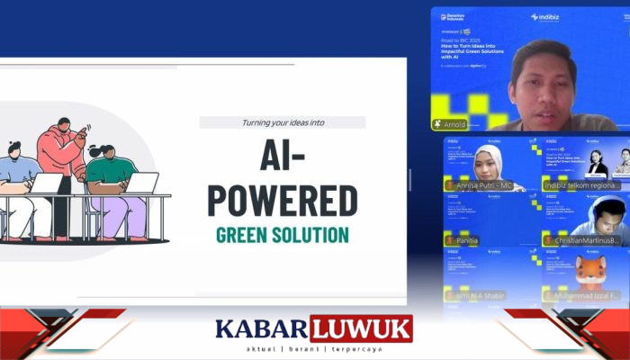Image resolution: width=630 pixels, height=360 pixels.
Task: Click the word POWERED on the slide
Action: click(283, 199)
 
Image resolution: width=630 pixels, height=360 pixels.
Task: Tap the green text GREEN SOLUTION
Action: click(283, 236)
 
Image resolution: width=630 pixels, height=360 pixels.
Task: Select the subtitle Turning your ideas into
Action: click(283, 122)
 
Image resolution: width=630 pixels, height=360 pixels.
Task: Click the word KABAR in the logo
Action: click(261, 328)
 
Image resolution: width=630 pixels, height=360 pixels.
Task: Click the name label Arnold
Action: click(454, 124)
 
